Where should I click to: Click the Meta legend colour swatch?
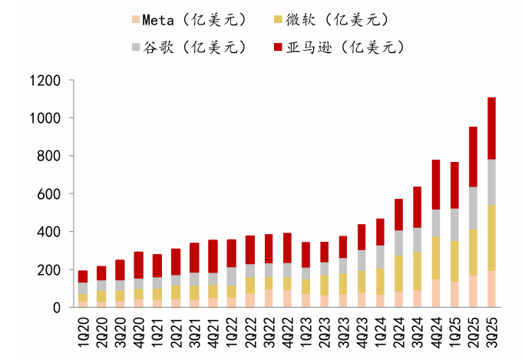click(x=137, y=18)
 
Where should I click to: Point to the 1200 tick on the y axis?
click(x=45, y=80)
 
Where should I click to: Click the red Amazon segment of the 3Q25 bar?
click(x=492, y=128)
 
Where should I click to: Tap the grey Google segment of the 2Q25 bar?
click(x=473, y=208)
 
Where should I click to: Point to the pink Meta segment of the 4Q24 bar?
click(x=436, y=293)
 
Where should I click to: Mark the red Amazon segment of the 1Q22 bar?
click(x=232, y=253)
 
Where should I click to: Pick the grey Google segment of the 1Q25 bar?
click(x=454, y=224)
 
